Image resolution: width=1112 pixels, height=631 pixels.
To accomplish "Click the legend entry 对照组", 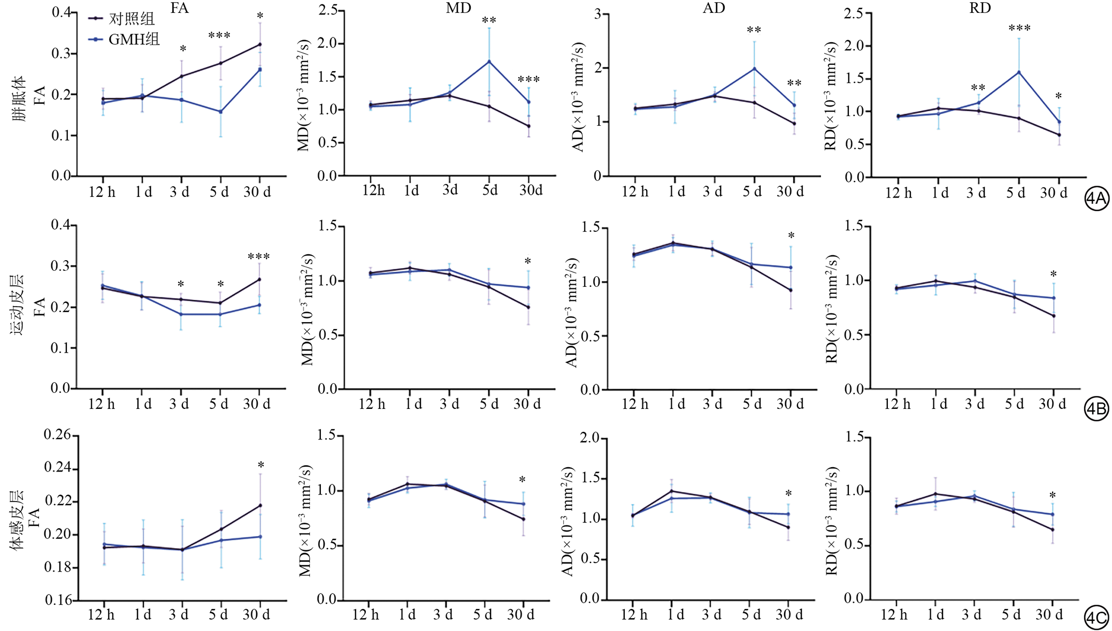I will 131,19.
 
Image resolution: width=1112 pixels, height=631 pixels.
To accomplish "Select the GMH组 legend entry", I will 133,39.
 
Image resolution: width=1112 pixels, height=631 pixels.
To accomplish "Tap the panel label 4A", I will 1096,199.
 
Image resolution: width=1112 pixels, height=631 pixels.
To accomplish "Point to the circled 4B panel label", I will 1096,409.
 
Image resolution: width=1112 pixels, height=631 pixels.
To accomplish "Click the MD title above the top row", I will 458,8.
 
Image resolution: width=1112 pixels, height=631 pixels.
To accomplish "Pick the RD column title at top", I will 979,8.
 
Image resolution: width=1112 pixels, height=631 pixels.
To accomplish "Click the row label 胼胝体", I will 19,98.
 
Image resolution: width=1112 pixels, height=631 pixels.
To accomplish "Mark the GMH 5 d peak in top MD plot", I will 489,62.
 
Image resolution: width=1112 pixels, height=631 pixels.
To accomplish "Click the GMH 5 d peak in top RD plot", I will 1018,72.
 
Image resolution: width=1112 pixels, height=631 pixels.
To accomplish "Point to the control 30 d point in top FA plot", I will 260,44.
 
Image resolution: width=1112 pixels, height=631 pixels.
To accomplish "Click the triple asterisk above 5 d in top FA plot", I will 219,36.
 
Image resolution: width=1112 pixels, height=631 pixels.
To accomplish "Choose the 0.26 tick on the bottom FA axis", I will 57,435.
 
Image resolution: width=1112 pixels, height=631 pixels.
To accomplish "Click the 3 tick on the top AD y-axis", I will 597,14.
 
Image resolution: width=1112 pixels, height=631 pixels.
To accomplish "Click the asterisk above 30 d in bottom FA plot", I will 260,465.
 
